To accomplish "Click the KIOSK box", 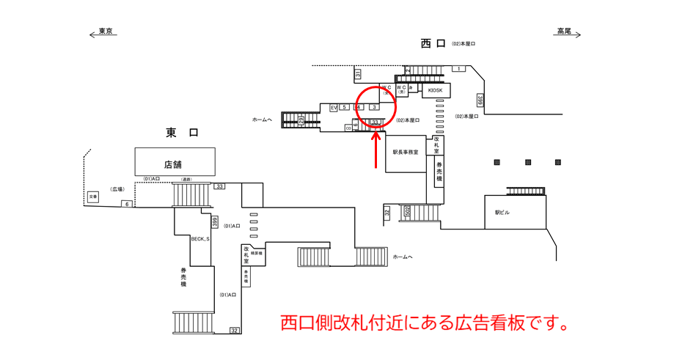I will pos(436,89).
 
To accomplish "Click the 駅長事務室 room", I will pos(405,153).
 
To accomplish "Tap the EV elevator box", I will pos(334,108).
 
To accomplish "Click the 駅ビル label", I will pos(501,212).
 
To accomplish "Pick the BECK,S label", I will pos(200,239).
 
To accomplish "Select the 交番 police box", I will pos(92,196).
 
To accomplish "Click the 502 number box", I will pos(407,212).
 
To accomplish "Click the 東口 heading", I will pos(182,133).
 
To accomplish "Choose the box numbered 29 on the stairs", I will pos(301,120).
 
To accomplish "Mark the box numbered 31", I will pos(358,74).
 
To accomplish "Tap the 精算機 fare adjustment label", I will pos(259,253).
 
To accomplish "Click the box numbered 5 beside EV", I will pos(345,108).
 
